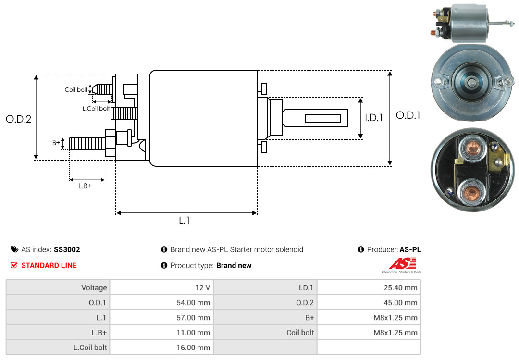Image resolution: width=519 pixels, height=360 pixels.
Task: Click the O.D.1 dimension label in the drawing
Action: (x=408, y=115)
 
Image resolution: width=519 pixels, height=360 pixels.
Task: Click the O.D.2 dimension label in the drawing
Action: (x=18, y=119)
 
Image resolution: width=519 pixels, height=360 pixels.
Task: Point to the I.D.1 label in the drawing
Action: (x=374, y=118)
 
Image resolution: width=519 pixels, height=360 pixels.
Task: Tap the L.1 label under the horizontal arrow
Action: (x=185, y=221)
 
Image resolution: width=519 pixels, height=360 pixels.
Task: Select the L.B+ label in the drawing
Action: (x=85, y=186)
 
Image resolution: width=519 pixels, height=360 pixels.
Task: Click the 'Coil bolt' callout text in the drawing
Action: (x=76, y=90)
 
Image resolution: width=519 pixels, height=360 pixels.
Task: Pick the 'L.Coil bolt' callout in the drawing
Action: (x=96, y=109)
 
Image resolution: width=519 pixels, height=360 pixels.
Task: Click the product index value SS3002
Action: (x=67, y=249)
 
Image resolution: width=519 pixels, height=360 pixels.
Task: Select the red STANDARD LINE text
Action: (x=49, y=265)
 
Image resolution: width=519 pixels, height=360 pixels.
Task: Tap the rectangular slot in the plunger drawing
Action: (x=323, y=118)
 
